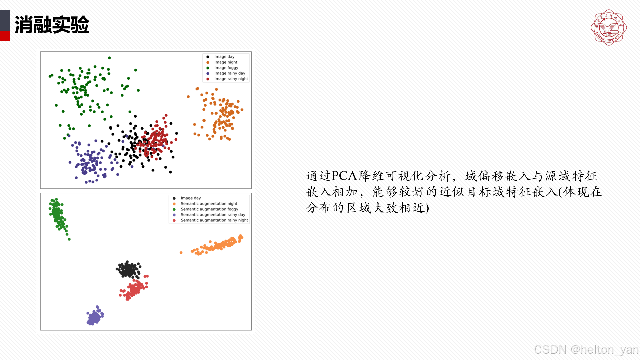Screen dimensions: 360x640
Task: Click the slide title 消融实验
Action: coord(52,25)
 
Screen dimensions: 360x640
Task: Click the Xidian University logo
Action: coord(608,27)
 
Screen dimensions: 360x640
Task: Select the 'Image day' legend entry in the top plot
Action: coord(224,57)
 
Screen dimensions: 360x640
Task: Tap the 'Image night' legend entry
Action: coord(226,62)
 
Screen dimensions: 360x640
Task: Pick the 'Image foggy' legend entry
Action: coord(226,68)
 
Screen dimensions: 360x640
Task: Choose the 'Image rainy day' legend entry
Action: coord(229,73)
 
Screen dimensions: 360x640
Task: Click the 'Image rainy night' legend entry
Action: coord(231,79)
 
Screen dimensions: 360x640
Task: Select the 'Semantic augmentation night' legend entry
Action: coord(209,204)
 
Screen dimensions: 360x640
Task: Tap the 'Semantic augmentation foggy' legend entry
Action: coord(209,209)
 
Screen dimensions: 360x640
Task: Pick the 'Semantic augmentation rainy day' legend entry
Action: coord(213,215)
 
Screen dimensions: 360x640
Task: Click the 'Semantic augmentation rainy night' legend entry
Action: coord(214,220)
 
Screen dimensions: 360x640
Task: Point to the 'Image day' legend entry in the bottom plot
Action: coord(190,198)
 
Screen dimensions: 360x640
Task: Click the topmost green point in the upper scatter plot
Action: coord(109,58)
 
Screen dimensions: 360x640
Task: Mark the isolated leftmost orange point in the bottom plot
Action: coord(181,253)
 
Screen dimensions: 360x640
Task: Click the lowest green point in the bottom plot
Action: coord(69,239)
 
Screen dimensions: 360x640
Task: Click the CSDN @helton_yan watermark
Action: coord(586,349)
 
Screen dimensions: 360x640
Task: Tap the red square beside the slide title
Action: coord(5,36)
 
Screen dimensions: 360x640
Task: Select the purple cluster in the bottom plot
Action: coord(95,316)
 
